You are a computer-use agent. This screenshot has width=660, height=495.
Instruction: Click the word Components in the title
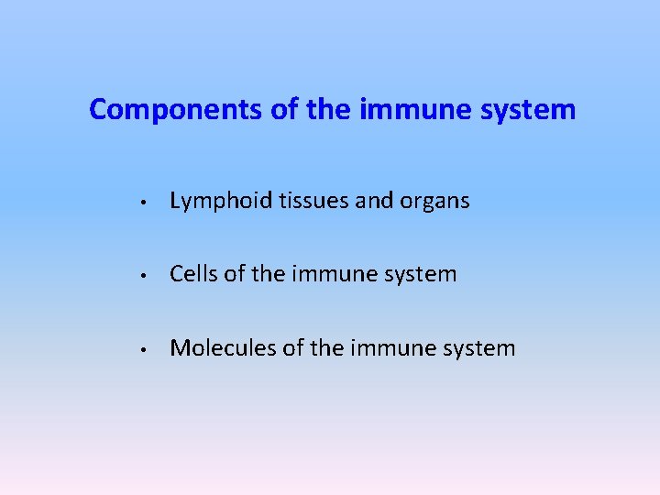(x=177, y=111)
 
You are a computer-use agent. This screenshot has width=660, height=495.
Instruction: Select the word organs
(x=434, y=202)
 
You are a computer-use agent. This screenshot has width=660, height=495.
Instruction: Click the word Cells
(x=194, y=274)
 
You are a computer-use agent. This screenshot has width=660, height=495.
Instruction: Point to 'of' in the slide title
(x=281, y=111)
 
